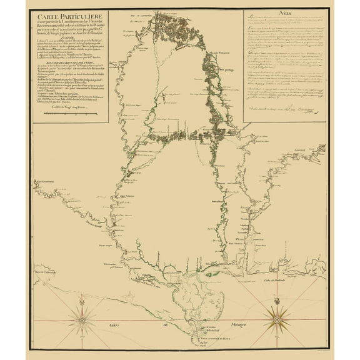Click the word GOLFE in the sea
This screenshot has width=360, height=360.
pyautogui.click(x=115, y=325)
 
